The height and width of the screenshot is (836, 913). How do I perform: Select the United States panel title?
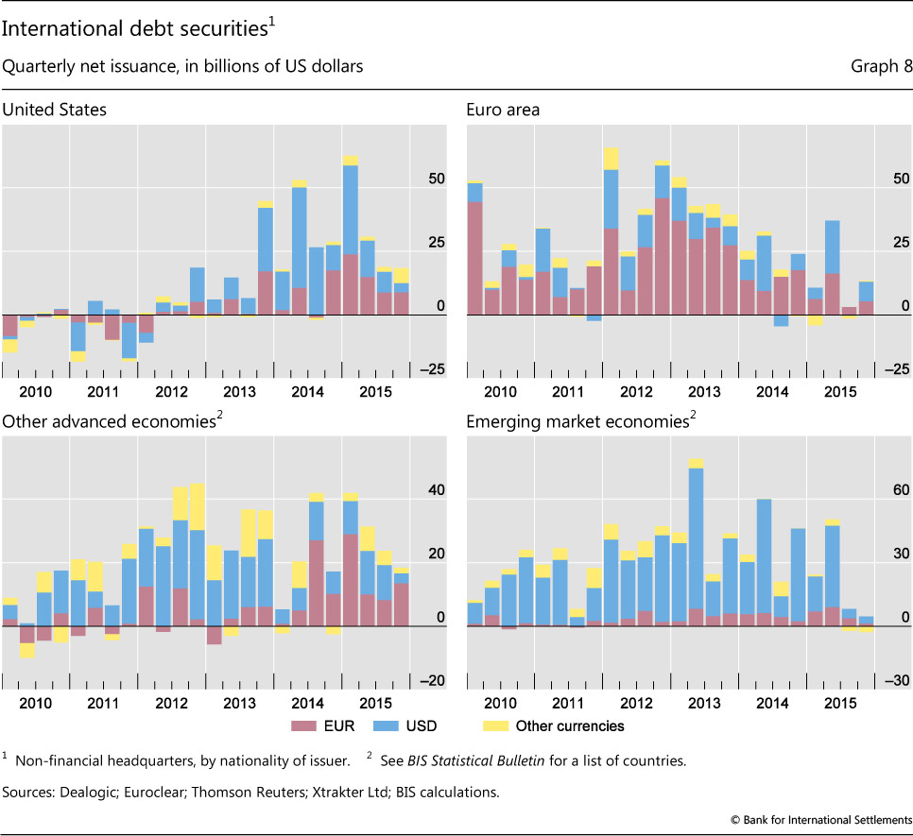[x=54, y=110]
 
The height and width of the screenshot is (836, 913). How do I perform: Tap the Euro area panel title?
[x=503, y=110]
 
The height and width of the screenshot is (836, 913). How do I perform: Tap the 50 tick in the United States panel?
[x=435, y=179]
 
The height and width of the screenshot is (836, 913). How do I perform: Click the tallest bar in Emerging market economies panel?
[x=696, y=538]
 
